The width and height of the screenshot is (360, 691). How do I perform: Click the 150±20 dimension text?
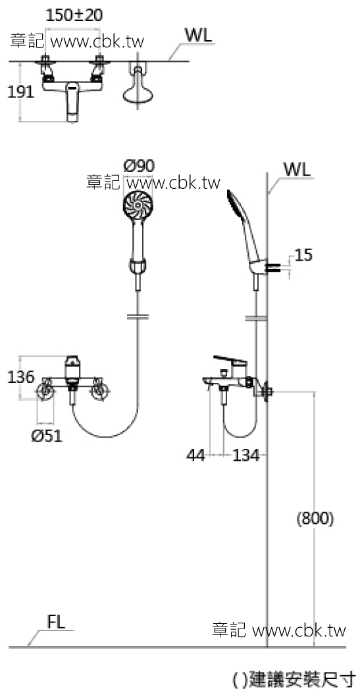74,15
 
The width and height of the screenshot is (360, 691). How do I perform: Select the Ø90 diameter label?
140,165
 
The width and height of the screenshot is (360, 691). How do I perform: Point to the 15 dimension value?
304,255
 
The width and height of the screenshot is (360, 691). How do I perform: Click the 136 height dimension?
21,378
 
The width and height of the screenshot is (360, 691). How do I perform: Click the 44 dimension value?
195,454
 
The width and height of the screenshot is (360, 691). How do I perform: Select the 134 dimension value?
245,454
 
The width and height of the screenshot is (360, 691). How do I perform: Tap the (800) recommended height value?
315,518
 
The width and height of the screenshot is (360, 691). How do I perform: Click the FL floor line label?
57,623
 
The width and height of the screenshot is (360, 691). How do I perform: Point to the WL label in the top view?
199,36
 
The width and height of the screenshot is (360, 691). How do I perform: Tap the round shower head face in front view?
139,205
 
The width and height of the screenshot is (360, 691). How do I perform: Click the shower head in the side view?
237,209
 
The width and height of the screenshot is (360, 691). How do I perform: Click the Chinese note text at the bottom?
296,678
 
